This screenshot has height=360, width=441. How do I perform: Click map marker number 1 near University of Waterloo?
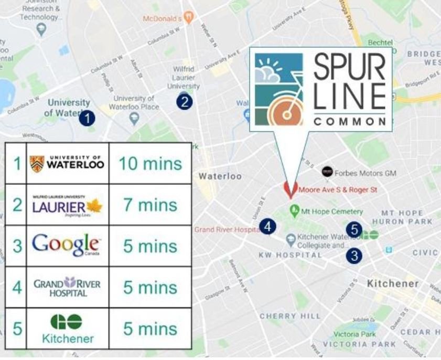pyautogui.click(x=87, y=118)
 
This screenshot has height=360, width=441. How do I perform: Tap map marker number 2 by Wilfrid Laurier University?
pyautogui.click(x=184, y=102)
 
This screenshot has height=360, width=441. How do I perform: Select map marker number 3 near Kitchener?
pyautogui.click(x=355, y=256)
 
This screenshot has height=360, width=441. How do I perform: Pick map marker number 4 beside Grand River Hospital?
pyautogui.click(x=268, y=227)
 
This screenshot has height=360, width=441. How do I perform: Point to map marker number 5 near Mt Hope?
pyautogui.click(x=355, y=229)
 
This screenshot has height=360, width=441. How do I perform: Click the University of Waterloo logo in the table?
pyautogui.click(x=67, y=163)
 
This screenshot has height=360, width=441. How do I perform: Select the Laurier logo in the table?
pyautogui.click(x=67, y=205)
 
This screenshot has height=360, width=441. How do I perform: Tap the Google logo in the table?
pyautogui.click(x=67, y=246)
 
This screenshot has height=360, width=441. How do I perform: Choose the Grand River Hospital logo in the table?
pyautogui.click(x=67, y=287)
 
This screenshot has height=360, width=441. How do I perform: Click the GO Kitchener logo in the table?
pyautogui.click(x=67, y=329)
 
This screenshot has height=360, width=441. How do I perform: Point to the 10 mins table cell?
pyautogui.click(x=150, y=163)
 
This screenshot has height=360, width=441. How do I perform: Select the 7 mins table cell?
pyautogui.click(x=150, y=205)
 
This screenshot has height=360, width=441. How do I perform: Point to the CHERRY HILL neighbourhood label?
pyautogui.click(x=289, y=316)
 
